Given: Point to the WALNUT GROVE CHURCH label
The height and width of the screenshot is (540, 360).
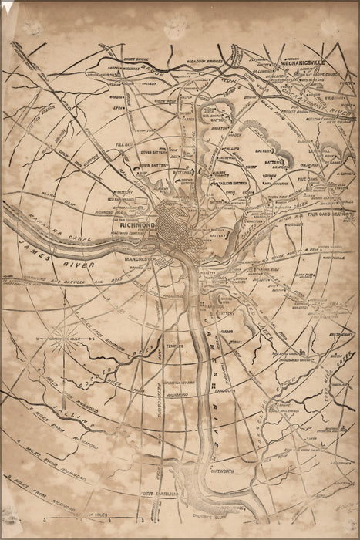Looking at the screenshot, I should tap(320, 76).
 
